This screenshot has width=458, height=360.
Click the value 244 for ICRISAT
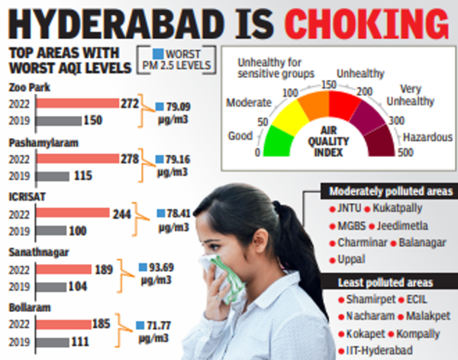tap(121, 215)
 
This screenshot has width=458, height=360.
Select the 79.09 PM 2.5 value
tap(175, 106)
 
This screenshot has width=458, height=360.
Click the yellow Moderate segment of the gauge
tap(291, 115)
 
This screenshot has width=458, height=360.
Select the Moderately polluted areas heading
tap(386, 191)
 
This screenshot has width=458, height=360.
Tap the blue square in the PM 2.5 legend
tap(157, 54)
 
